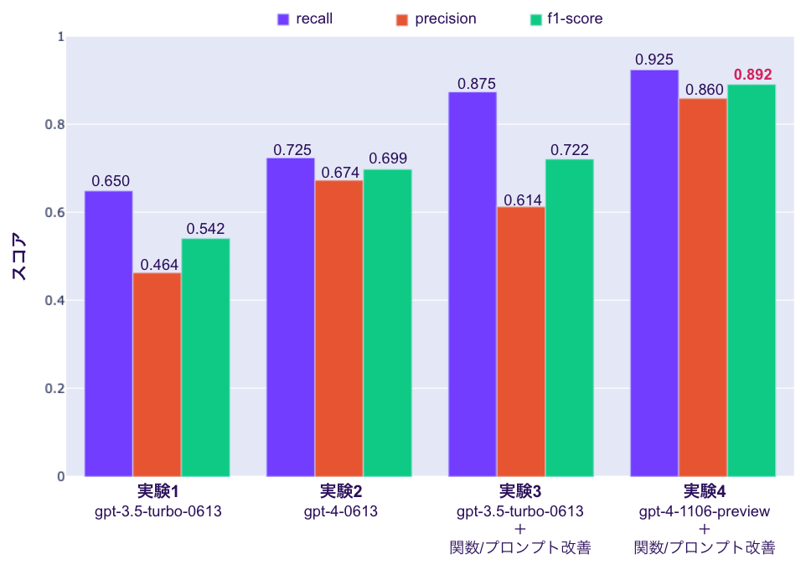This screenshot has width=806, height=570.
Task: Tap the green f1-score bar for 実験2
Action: coord(387,323)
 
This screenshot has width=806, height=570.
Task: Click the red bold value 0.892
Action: coord(752,75)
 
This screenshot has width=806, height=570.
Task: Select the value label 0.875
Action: coord(477,84)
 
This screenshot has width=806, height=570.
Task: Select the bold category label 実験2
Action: coord(340,491)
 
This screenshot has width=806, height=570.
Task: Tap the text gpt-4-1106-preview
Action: coord(705,510)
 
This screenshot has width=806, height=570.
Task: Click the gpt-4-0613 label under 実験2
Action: coord(340,510)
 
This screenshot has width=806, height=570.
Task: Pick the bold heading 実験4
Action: coord(705,491)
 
